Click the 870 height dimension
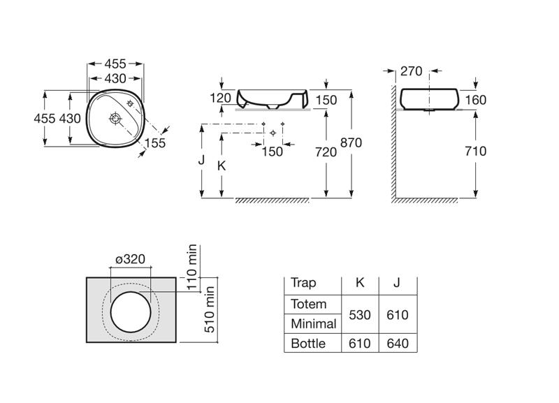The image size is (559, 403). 351,142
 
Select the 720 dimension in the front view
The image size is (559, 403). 326,152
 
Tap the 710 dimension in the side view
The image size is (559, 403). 475,151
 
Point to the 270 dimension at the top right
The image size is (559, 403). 411,71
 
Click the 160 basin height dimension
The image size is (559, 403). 476,100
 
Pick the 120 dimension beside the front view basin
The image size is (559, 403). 220,98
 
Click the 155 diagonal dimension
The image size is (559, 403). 155,143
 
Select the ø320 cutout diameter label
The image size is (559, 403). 131,259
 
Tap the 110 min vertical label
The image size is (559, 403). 191,267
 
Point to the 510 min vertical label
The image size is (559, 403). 209,309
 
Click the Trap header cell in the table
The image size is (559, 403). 303,283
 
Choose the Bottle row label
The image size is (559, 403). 308,344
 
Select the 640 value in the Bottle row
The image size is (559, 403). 398,344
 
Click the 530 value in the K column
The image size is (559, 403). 360,315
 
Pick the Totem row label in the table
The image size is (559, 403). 308,304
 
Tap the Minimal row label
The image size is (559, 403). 313,324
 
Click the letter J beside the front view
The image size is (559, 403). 201,160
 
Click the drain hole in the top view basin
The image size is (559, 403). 115,118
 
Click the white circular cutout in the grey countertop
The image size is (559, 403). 131,312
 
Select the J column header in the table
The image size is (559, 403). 397,283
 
